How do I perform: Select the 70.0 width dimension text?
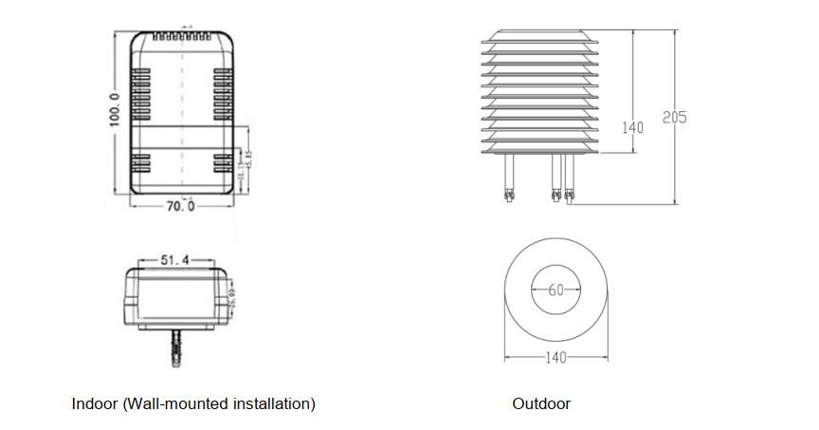pyautogui.click(x=180, y=205)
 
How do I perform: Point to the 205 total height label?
pyautogui.click(x=674, y=119)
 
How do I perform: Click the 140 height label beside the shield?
pyautogui.click(x=632, y=127)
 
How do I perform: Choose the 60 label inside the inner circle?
pyautogui.click(x=555, y=290)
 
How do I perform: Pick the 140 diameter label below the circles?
pyautogui.click(x=555, y=358)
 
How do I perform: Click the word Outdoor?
pyautogui.click(x=541, y=403)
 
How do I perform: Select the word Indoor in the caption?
pyautogui.click(x=95, y=403)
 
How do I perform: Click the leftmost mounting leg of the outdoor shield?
pyautogui.click(x=509, y=180)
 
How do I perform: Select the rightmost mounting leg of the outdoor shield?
pyautogui.click(x=569, y=180)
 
